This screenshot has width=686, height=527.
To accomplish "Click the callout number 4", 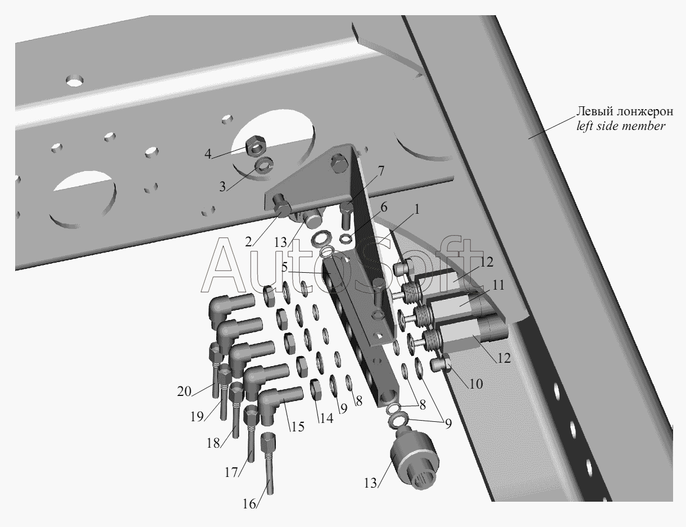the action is tap(208, 154).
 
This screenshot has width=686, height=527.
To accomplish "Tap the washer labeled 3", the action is tap(265, 165).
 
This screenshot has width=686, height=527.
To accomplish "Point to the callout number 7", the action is tap(381, 171).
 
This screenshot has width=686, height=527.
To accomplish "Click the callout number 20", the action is tap(184, 391).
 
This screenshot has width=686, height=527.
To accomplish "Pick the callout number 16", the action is tap(249, 503).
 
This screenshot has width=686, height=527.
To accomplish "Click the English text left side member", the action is tap(621, 126).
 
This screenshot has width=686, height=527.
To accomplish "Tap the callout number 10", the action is tap(476, 384).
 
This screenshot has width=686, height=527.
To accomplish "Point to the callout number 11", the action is tap(498, 285).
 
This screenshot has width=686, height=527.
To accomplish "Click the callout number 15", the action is tap(297, 426).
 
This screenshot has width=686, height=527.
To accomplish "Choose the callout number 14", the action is tap(326, 418).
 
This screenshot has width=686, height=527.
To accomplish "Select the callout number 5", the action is tap(284, 267).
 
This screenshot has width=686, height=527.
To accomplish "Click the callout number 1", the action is tap(417, 209).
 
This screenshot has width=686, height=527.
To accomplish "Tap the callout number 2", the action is tap(248, 242).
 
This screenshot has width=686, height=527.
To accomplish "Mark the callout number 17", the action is tap(231, 472).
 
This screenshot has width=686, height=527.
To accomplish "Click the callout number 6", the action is tap(384, 208).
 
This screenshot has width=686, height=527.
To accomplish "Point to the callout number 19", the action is tap(197, 417).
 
